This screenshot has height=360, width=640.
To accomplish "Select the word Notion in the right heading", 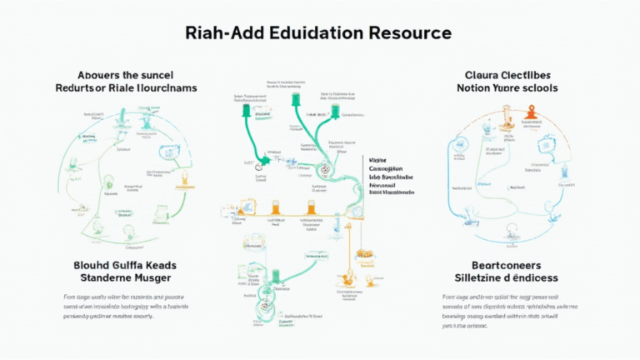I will (x=476, y=87).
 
